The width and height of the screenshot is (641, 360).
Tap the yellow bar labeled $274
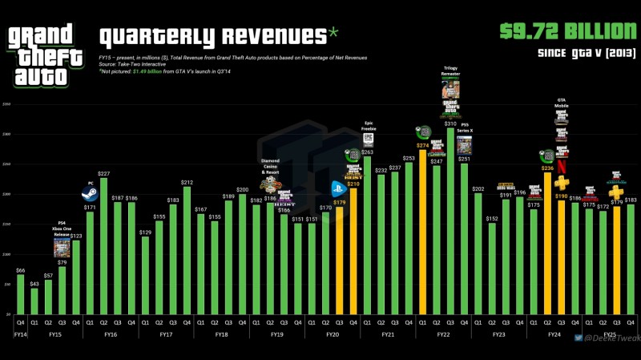423,233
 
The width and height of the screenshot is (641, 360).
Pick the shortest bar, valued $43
34,301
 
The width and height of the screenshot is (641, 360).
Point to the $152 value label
492,218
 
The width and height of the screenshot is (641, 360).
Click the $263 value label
368,152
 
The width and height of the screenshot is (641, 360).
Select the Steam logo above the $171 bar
90,193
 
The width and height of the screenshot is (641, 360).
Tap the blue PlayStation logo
339,190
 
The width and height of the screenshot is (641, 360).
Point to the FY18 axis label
222,333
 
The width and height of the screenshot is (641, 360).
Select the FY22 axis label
444,333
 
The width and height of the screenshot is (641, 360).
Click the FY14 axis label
20,333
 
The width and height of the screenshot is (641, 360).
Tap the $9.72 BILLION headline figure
562,31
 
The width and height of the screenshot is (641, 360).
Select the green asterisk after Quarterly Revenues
333,33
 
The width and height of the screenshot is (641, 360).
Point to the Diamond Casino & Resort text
270,166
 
